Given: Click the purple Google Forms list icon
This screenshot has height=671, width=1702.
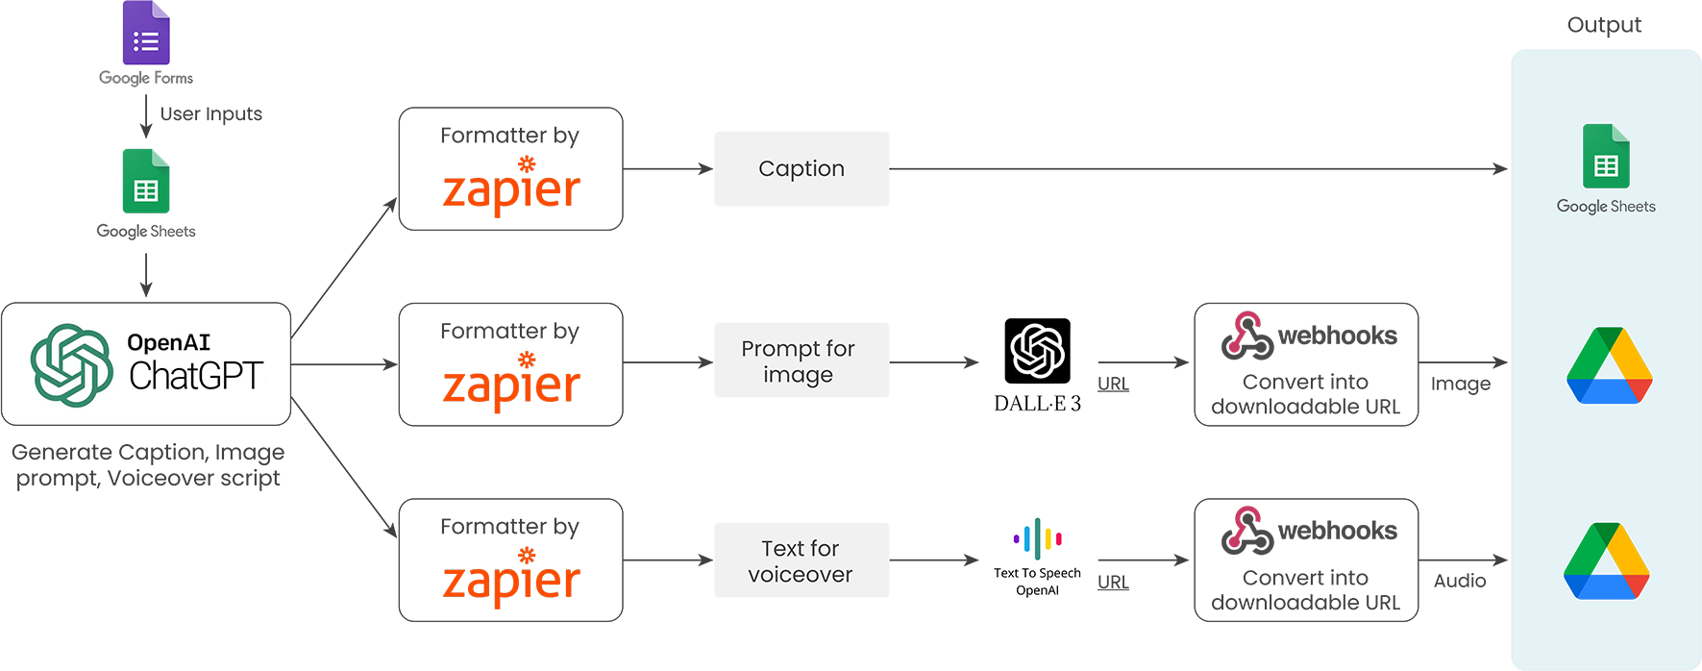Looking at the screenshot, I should tap(147, 40).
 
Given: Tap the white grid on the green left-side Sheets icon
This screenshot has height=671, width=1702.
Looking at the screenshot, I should tap(146, 190).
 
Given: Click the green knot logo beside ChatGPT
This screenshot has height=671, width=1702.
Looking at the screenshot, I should tap(71, 365).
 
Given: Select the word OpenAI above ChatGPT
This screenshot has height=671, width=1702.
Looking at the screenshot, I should tap(168, 342).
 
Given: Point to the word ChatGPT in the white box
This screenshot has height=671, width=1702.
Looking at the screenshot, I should tap(196, 377).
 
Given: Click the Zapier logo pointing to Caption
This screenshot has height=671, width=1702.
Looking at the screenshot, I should tap(511, 187).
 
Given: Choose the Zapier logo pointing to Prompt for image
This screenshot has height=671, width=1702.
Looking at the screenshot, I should tap(511, 383).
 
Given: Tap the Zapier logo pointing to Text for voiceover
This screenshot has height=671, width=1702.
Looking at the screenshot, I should tap(511, 578).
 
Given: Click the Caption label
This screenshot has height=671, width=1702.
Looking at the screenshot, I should tap(801, 169).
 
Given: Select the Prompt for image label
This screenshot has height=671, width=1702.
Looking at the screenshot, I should tap(798, 361).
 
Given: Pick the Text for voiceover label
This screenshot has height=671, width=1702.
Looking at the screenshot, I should tap(800, 561).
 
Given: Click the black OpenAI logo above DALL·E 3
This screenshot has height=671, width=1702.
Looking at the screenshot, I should tap(1037, 351).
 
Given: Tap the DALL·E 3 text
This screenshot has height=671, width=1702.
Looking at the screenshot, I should tap(1037, 404).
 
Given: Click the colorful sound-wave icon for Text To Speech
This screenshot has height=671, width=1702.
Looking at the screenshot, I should tap(1037, 538).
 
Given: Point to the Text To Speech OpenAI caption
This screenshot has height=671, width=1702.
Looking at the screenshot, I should tap(1037, 581).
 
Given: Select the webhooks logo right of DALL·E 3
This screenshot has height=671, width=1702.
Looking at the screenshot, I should tap(1307, 338).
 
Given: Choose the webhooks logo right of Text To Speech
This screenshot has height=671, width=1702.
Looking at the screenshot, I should tap(1307, 532).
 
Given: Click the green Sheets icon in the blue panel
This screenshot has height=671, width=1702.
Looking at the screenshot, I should tap(1606, 157).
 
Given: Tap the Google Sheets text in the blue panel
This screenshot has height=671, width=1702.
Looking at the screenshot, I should tap(1606, 207).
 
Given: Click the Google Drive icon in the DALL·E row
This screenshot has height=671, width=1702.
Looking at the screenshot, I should tap(1609, 366).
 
